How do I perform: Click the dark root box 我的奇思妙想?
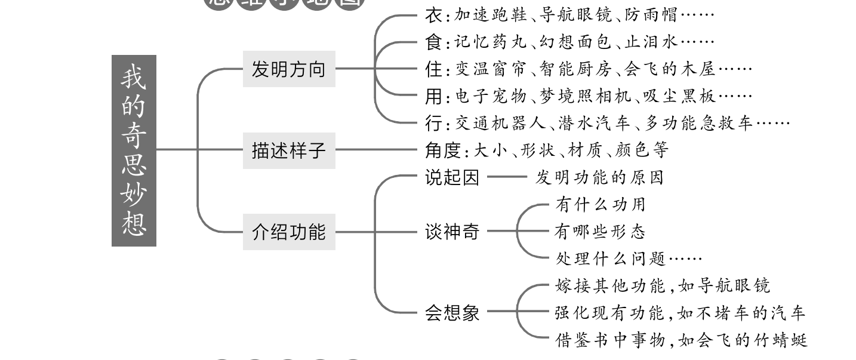pyautogui.click(x=134, y=150)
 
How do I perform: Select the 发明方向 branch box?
pyautogui.click(x=289, y=69)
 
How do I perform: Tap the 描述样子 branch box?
pyautogui.click(x=289, y=150)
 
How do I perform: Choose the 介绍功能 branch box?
pyautogui.click(x=289, y=232)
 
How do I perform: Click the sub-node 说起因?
pyautogui.click(x=452, y=178)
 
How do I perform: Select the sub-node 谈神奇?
pyautogui.click(x=452, y=232)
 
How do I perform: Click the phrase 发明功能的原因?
pyautogui.click(x=599, y=178)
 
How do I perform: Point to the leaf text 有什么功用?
pyautogui.click(x=600, y=205)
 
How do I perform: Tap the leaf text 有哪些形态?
pyautogui.click(x=600, y=232)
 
